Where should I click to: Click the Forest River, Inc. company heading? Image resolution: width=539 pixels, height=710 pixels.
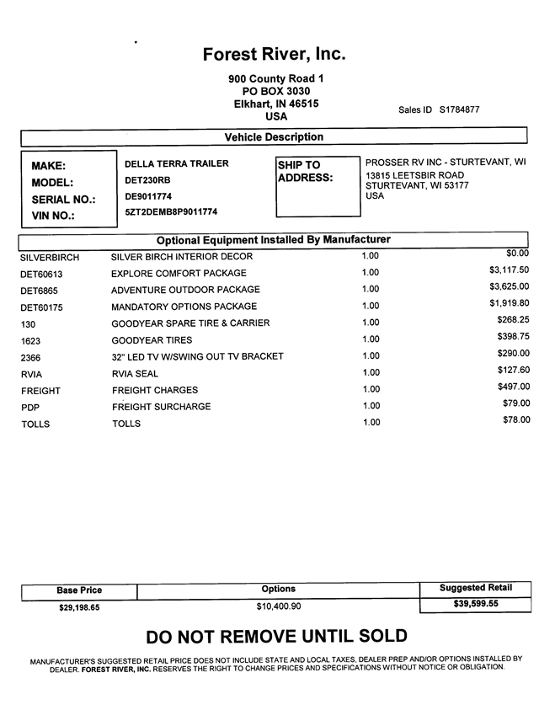coord(275,55)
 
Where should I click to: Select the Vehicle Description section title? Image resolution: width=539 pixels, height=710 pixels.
coord(274,137)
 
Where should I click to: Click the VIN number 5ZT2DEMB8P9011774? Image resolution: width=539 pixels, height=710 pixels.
coord(171,212)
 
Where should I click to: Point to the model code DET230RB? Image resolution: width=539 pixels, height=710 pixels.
coord(147,179)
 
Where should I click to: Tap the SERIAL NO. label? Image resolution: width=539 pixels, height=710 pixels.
coord(63,200)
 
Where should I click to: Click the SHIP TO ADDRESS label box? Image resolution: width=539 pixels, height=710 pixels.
coord(317,184)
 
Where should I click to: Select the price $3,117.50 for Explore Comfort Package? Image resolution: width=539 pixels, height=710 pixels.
coord(509,270)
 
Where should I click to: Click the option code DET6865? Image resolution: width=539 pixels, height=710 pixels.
coord(40,291)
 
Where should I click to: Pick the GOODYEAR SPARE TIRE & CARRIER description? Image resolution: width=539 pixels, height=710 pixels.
coord(190,323)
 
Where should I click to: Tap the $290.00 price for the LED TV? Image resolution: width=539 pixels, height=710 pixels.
coord(514,354)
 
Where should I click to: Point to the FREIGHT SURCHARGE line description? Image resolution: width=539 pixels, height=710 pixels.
coord(162,407)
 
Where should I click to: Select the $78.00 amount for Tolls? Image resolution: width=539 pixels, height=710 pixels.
coord(515,420)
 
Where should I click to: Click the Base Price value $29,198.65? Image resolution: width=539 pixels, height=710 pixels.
coord(79,606)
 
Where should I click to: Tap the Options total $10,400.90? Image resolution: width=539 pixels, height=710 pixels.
coord(279,606)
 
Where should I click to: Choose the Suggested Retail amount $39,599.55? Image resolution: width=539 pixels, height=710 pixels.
coord(475,604)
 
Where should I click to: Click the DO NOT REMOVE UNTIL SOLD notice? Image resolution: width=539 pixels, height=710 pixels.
coord(276,636)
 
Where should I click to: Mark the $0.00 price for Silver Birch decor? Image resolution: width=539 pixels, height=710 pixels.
coord(517,253)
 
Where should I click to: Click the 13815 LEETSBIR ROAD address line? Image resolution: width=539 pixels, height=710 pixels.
coord(415,175)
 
